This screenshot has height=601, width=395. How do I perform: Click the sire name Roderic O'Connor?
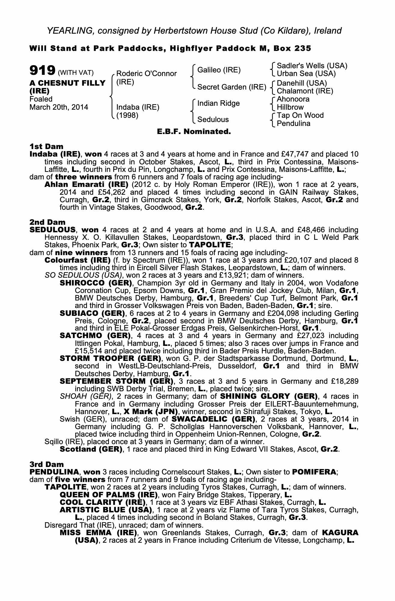[x=146, y=74]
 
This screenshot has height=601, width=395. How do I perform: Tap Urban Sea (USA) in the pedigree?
[x=306, y=74]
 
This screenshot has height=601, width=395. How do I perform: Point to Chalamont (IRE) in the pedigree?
[x=305, y=91]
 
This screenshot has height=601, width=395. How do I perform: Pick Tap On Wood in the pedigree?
[x=300, y=115]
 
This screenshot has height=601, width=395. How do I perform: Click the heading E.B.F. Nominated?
[x=194, y=132]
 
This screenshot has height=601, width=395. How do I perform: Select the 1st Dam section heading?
[x=46, y=146]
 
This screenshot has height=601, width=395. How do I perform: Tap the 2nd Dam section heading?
[x=47, y=222]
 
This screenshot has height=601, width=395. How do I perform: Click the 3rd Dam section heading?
[x=47, y=465]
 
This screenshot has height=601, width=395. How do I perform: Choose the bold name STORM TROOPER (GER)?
[x=109, y=358]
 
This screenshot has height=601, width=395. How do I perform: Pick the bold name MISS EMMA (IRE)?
[x=98, y=533]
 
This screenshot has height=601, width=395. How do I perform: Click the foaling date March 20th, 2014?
[x=59, y=107]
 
